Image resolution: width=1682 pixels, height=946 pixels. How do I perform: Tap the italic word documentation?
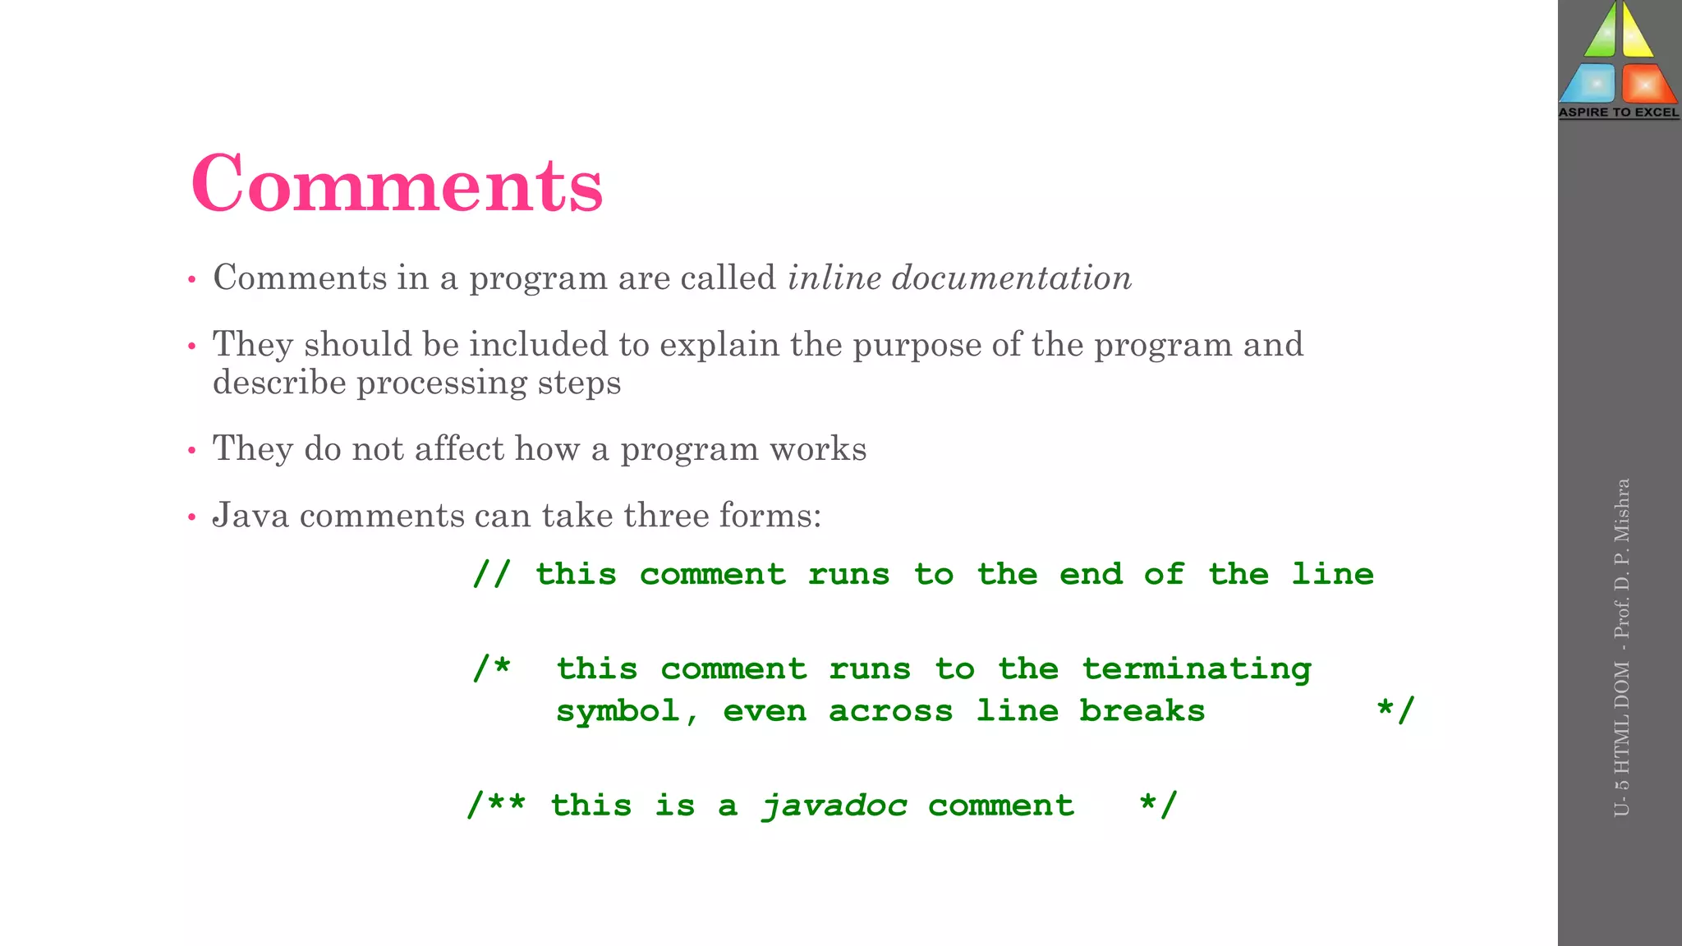1012,278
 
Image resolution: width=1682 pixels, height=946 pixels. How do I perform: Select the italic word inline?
834,278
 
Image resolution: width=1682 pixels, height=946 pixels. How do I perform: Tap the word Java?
250,516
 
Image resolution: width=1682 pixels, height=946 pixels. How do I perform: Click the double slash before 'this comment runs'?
491,574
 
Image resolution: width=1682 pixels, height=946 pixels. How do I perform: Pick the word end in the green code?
1091,574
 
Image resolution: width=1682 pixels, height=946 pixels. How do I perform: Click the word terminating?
1196,669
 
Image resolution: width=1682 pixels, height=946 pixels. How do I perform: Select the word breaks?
1142,711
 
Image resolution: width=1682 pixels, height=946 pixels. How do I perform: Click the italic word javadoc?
834,806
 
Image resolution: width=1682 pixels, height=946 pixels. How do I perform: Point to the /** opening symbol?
496,805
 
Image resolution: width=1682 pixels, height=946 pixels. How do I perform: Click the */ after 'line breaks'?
1395,710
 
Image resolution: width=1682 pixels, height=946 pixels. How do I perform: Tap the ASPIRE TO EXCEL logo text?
1619,113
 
